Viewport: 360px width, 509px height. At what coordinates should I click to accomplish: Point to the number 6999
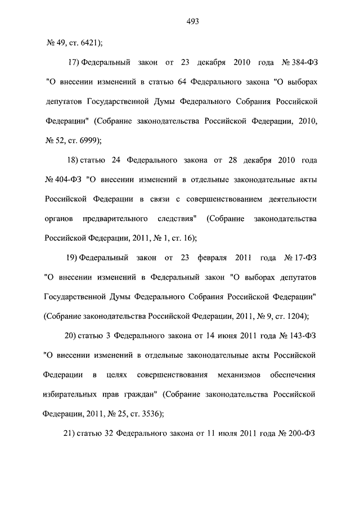[x=85, y=140]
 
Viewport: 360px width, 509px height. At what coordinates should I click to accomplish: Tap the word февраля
[x=213, y=258]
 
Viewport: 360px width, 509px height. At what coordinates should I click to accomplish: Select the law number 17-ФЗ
[x=304, y=258]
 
